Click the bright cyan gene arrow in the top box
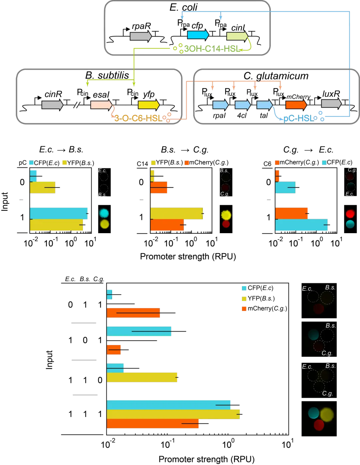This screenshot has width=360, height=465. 198,35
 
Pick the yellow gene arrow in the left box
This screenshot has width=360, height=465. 149,105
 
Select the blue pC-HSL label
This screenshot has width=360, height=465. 298,118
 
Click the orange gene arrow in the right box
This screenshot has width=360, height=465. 296,105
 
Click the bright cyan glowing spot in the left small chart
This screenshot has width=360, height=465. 104,213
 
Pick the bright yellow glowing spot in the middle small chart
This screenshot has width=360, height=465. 226,215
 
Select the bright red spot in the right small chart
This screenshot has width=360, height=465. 350,214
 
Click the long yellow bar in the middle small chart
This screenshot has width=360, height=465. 177,213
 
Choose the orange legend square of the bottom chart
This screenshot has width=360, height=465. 244,309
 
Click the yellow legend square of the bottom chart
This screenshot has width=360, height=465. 244,299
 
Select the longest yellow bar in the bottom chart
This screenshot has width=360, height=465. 173,414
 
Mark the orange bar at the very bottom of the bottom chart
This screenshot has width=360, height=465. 153,424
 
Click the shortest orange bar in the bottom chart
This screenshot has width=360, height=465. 114,350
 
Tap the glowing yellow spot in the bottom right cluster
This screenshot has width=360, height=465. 327,414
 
